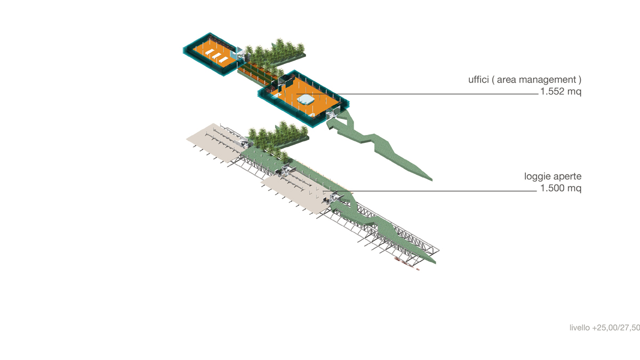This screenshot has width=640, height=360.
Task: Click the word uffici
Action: click(x=478, y=79)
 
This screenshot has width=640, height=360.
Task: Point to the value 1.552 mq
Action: click(x=561, y=91)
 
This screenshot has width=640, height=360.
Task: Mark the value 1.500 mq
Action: click(x=561, y=188)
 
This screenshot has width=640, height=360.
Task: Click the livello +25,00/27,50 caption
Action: click(x=605, y=327)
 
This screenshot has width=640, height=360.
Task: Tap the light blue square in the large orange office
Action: click(x=306, y=99)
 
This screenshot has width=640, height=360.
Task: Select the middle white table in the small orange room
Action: click(x=217, y=55)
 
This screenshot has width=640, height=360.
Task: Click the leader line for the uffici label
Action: click(x=417, y=94)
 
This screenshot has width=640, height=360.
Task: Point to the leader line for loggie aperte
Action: click(x=430, y=191)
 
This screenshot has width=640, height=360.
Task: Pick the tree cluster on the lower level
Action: click(x=277, y=135)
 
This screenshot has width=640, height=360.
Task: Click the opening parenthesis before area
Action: click(x=493, y=80)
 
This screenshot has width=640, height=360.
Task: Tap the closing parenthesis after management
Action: click(x=580, y=80)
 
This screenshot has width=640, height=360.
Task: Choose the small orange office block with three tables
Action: click(x=211, y=54)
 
